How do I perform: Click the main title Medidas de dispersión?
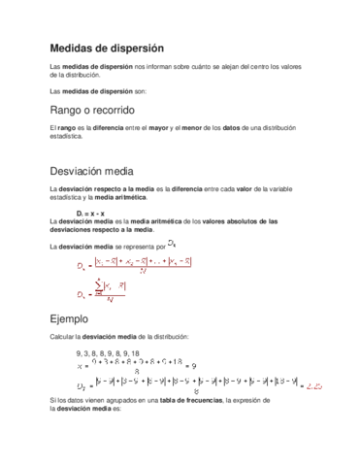click(107, 48)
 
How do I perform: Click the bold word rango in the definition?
click(68, 128)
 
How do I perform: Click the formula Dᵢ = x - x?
click(90, 212)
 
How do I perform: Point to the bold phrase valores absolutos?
click(227, 221)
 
